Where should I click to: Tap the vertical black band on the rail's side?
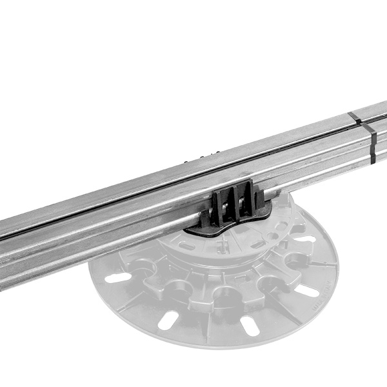point(372,145)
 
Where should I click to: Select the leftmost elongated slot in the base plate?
point(118,279)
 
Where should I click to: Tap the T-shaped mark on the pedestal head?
point(221,247)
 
